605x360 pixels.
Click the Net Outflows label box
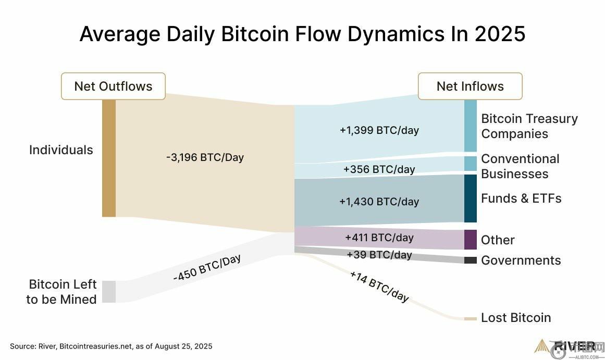click(113, 86)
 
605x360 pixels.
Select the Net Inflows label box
click(470, 86)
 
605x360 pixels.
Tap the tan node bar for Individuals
click(108, 158)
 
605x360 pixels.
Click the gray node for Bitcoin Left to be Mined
click(108, 291)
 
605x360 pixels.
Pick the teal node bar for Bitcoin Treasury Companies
click(470, 126)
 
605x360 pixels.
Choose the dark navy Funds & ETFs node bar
click(470, 198)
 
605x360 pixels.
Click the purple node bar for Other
click(470, 240)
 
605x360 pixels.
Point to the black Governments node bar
click(470, 260)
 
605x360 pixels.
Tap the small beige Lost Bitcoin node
click(470, 318)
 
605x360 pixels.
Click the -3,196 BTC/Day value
click(205, 157)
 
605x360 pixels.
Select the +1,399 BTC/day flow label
click(379, 130)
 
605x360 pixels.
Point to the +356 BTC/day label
click(379, 169)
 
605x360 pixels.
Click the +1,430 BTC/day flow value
click(379, 202)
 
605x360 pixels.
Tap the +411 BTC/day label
click(379, 238)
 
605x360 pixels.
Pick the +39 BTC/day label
click(379, 255)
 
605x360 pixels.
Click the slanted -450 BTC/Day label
click(207, 268)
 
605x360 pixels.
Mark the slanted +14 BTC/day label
click(379, 286)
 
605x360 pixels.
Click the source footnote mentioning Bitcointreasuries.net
click(111, 346)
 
